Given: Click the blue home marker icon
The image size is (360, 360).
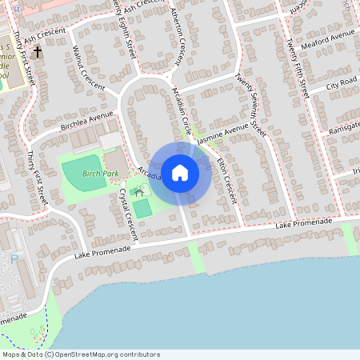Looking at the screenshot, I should coord(180,172).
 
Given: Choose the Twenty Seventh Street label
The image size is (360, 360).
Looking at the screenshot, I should coord(250,100).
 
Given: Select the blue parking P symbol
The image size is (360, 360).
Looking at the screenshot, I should coord(14,258).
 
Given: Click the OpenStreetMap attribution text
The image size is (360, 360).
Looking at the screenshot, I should coord(80,354).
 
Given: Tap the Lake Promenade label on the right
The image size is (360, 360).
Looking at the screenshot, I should coord(304,223).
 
